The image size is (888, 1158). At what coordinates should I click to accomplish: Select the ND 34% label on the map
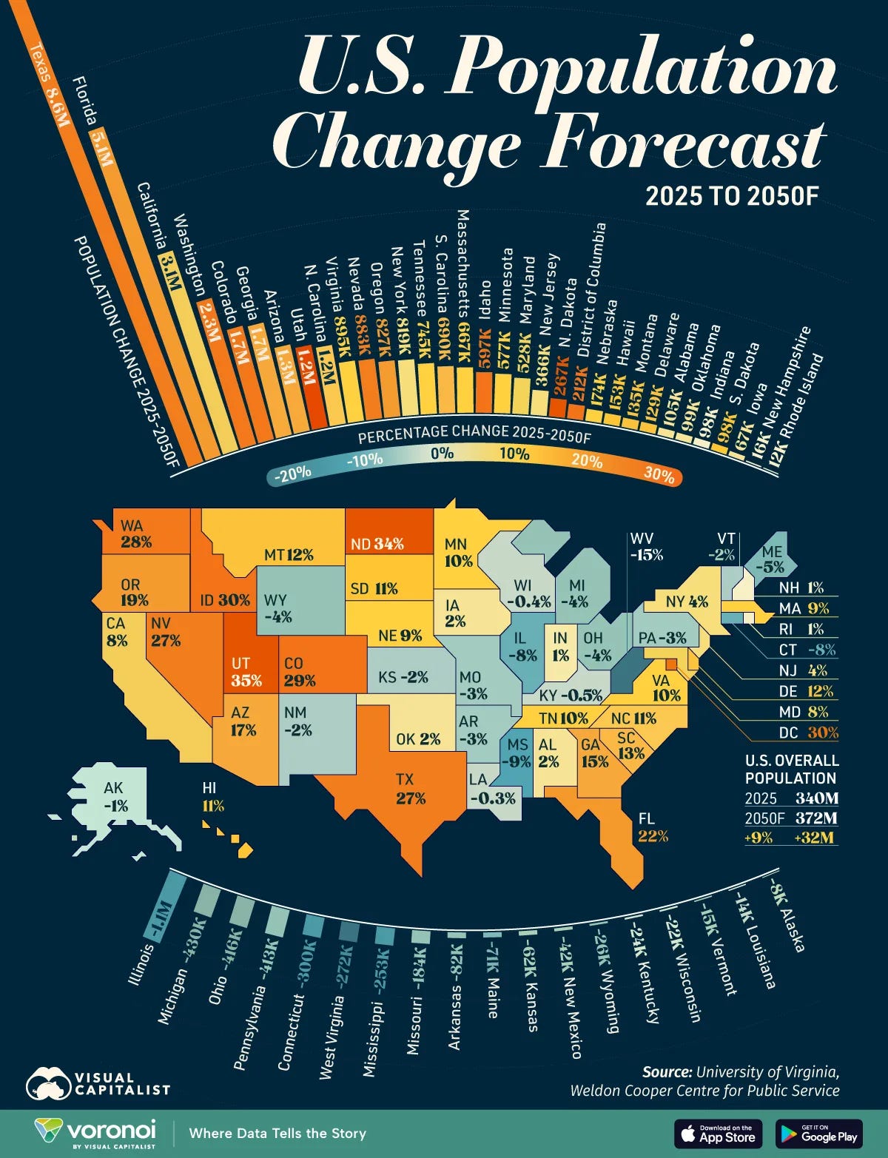click(x=377, y=544)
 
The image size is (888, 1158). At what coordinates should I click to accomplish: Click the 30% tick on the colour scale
click(x=658, y=474)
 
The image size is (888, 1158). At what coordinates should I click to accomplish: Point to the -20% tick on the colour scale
click(x=292, y=474)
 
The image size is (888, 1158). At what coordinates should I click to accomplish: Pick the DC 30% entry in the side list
click(x=808, y=733)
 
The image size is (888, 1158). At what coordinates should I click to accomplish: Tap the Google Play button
click(x=818, y=1134)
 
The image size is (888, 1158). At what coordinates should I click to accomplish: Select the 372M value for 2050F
click(x=816, y=818)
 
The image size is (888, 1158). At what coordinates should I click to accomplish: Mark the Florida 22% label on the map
click(x=653, y=827)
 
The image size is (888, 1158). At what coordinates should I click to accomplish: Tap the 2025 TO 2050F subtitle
click(x=732, y=196)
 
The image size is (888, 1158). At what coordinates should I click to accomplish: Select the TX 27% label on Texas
click(x=410, y=789)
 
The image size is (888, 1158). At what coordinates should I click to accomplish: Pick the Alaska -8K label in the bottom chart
click(x=787, y=915)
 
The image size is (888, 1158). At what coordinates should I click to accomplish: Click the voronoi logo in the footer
click(x=96, y=1133)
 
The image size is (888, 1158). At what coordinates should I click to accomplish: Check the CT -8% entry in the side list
click(x=808, y=650)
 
